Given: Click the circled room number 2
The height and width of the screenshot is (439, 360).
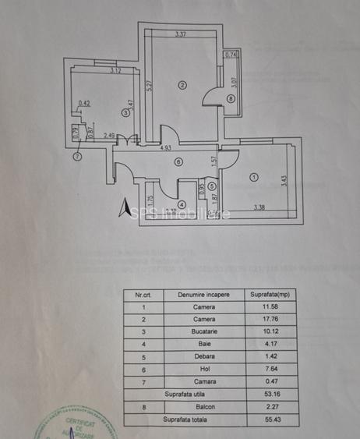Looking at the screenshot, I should click(182, 85).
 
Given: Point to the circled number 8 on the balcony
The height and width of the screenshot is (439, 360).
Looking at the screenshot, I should click(231, 97).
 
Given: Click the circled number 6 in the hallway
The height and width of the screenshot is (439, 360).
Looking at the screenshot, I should click(178, 162).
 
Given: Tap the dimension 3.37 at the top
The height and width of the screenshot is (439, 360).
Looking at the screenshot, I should click(181, 34).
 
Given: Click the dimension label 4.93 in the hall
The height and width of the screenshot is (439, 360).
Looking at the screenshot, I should click(166, 147).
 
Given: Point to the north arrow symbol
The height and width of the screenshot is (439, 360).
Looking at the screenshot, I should click(122, 208).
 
